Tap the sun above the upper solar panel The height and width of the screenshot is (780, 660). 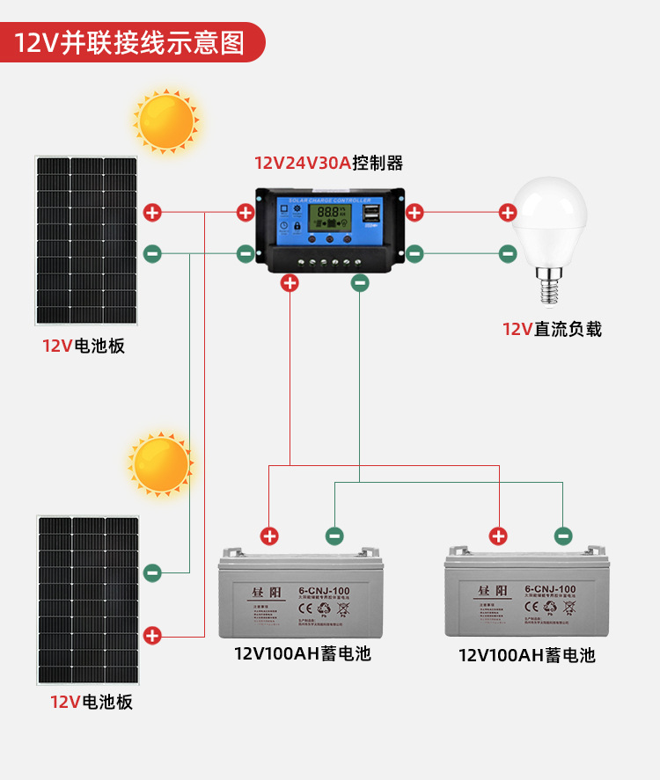click(165, 120)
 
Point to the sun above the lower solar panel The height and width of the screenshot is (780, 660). click(161, 463)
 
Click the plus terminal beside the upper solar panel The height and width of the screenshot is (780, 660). click(152, 212)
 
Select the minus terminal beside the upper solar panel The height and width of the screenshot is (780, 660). click(152, 254)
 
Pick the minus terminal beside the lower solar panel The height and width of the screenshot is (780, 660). click(152, 572)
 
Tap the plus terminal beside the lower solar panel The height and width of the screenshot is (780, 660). click(152, 635)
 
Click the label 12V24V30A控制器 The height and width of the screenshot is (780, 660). click(328, 163)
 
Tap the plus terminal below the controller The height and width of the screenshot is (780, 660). click(290, 283)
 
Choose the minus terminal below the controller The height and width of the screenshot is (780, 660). click(359, 283)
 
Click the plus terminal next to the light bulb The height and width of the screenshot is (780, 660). click(508, 212)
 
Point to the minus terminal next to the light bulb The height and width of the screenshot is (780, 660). click(508, 254)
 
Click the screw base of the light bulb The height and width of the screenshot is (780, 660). click(549, 286)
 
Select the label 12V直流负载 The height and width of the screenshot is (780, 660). click(552, 329)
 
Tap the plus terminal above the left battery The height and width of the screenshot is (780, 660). click(269, 536)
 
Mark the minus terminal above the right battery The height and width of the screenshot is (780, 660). click(563, 535)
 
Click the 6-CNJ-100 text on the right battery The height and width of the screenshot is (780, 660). click(549, 589)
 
